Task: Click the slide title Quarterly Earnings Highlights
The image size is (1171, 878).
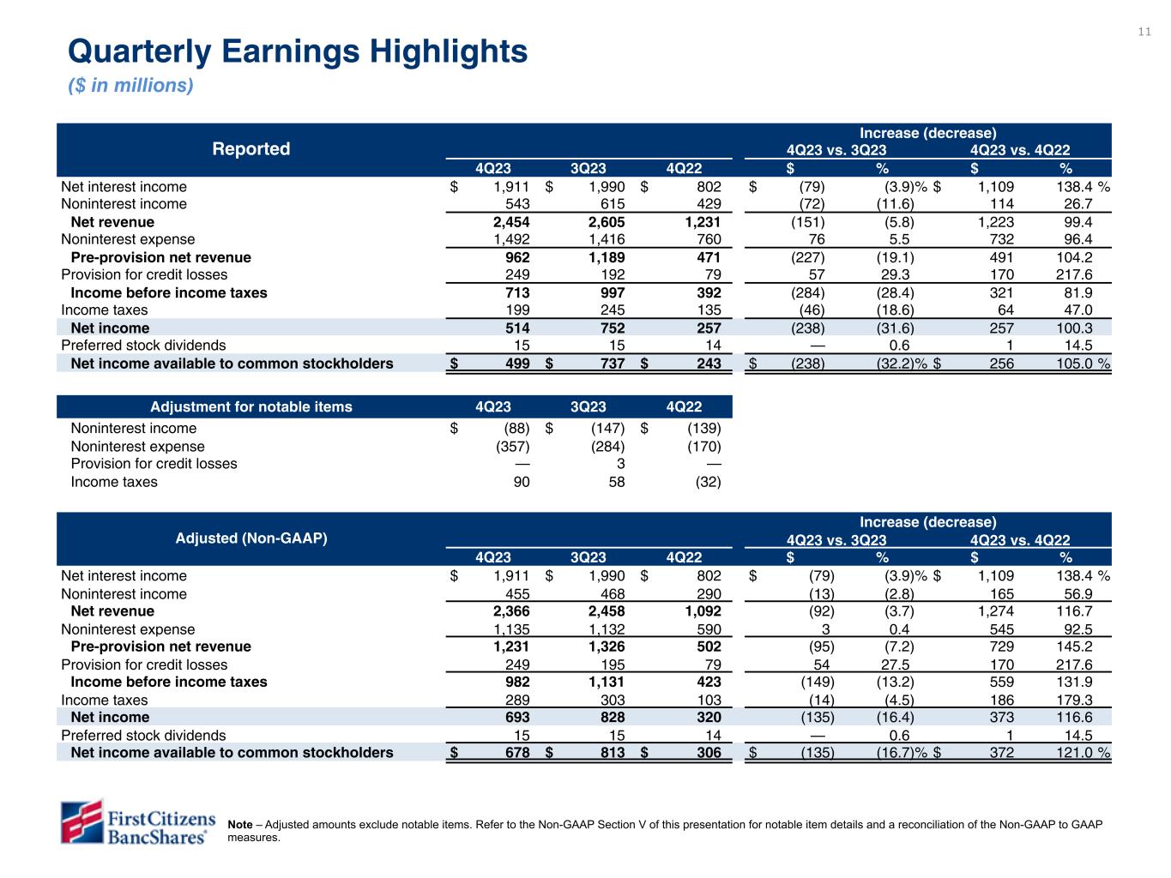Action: [x=297, y=52]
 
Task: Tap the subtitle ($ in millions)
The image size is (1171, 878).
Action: [x=130, y=86]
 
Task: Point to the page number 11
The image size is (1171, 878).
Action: [x=1144, y=33]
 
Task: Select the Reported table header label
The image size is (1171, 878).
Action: [x=251, y=149]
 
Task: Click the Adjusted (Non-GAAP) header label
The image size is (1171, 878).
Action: [x=251, y=538]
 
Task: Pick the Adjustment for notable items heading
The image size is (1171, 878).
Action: [x=251, y=406]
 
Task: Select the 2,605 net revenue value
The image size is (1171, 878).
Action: [x=604, y=222]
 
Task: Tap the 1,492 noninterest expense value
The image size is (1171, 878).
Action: [x=510, y=240]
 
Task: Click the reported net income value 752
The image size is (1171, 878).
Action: [x=611, y=328]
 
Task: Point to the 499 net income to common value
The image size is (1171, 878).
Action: [x=516, y=364]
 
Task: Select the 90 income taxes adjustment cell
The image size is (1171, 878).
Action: [x=521, y=482]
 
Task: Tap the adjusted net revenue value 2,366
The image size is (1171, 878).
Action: [x=510, y=611]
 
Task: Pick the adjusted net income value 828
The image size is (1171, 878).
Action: [x=611, y=718]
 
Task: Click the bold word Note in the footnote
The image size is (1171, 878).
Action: [x=240, y=825]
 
